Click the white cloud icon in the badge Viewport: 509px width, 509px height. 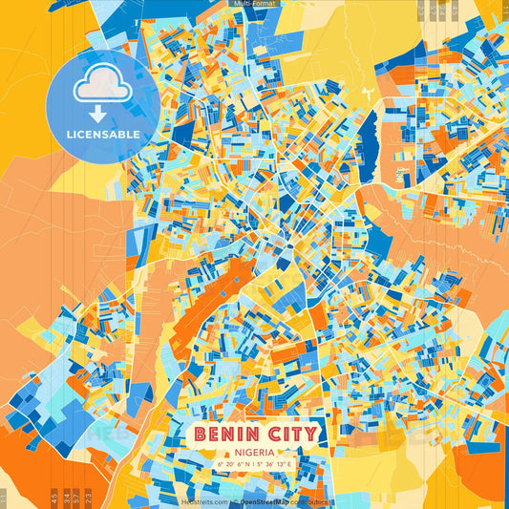click(102, 87)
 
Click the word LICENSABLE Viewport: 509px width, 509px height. click(102, 135)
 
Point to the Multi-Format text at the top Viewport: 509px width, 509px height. click(254, 5)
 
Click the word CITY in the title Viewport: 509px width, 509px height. click(291, 435)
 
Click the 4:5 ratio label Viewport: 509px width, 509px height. click(53, 498)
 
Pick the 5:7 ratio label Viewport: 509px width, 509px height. click(76, 498)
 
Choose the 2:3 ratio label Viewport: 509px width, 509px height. click(88, 498)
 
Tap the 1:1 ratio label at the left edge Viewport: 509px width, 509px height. click(4, 498)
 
